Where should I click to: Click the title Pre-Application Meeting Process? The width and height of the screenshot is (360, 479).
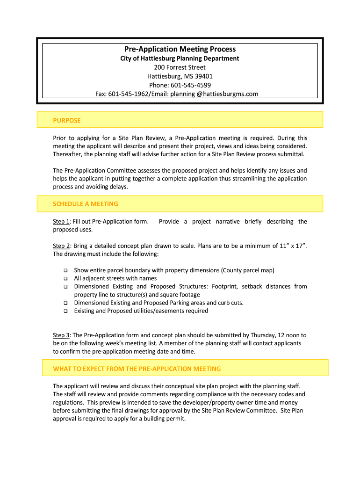180,49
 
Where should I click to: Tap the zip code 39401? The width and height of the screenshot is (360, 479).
202,76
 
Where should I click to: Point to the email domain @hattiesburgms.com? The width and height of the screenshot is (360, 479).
227,94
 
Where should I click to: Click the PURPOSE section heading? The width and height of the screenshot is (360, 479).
67,121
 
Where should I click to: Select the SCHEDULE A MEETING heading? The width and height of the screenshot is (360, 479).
86,204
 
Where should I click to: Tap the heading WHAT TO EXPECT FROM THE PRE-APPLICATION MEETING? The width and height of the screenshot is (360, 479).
137,369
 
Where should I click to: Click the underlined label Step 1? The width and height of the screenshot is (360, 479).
61,222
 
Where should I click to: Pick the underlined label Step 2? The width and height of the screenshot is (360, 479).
61,246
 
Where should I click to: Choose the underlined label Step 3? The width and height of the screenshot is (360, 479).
61,335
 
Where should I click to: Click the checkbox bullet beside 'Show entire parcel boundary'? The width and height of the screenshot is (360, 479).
65,271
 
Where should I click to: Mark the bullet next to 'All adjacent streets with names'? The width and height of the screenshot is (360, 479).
65,279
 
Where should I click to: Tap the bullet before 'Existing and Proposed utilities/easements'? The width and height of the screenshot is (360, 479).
65,311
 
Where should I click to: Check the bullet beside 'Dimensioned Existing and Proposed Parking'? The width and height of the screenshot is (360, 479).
65,303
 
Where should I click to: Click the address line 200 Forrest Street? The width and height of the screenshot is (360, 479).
180,67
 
